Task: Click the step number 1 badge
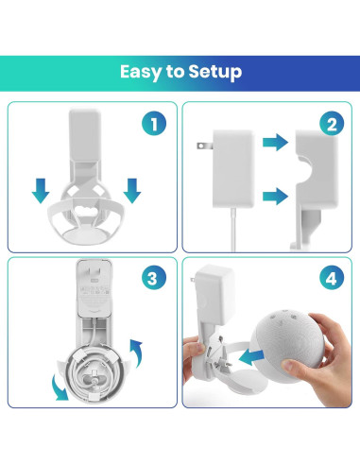point(155,124)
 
